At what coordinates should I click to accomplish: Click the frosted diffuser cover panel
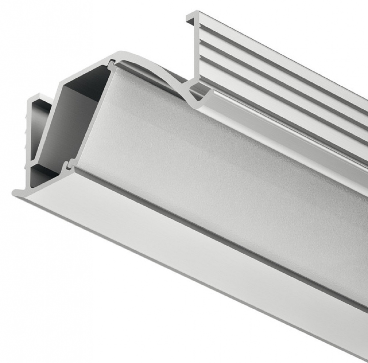click(x=221, y=177)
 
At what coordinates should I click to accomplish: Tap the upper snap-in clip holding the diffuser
click(x=110, y=66)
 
